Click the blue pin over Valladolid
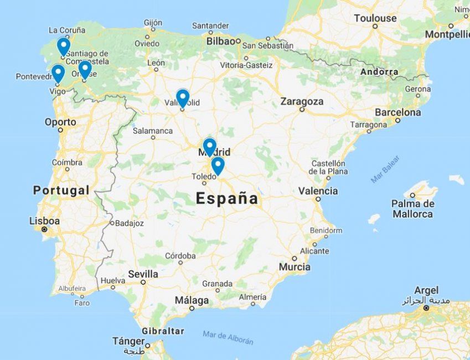(x=183, y=97)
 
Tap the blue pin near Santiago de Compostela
(x=64, y=45)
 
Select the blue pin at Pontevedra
(x=58, y=73)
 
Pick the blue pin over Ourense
(x=85, y=69)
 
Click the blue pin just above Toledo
(x=218, y=165)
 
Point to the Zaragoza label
(x=302, y=101)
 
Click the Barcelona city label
(x=397, y=112)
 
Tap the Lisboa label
(x=44, y=221)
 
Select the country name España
(x=227, y=198)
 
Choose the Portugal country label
(x=61, y=190)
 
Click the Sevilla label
(x=143, y=274)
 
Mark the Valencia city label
(x=318, y=191)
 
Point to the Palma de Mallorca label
(x=413, y=208)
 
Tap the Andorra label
(x=379, y=72)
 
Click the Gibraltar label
(x=162, y=331)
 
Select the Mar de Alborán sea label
(x=228, y=337)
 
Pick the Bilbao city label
(x=221, y=41)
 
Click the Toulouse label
(x=375, y=18)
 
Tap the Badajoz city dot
(x=112, y=223)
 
